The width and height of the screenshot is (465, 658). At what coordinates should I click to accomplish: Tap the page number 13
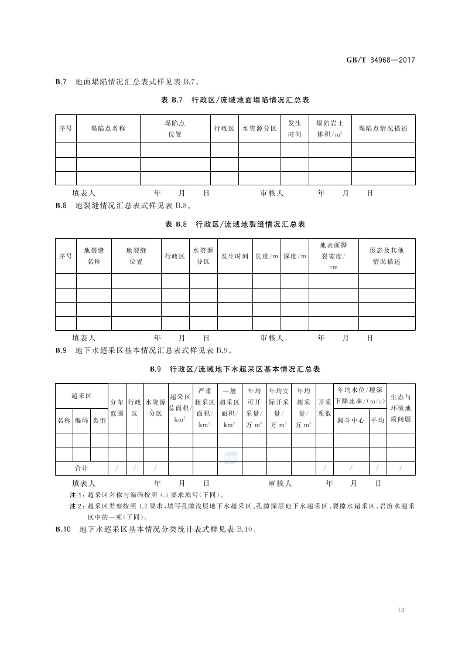pyautogui.click(x=401, y=610)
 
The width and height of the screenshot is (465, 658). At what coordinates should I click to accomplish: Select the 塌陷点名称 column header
pyautogui.click(x=108, y=128)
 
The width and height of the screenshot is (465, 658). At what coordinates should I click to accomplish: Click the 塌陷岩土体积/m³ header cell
pyautogui.click(x=329, y=128)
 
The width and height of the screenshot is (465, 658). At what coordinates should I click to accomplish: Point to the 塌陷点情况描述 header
pyautogui.click(x=383, y=128)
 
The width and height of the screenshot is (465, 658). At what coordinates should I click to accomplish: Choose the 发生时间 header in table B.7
pyautogui.click(x=295, y=128)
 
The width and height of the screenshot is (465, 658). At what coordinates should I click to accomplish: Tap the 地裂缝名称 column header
pyautogui.click(x=94, y=256)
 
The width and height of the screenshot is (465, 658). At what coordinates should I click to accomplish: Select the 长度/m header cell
pyautogui.click(x=266, y=256)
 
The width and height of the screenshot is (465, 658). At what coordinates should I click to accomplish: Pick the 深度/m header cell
pyautogui.click(x=295, y=256)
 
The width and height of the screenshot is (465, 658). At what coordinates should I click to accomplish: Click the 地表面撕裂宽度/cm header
pyautogui.click(x=333, y=256)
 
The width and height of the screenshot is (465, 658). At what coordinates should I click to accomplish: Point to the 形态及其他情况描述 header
pyautogui.click(x=387, y=256)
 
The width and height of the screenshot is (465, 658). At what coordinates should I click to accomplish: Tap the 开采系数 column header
pyautogui.click(x=324, y=408)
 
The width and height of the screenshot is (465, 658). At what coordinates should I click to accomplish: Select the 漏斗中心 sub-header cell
pyautogui.click(x=351, y=420)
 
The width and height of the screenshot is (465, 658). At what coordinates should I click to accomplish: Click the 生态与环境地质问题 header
pyautogui.click(x=401, y=408)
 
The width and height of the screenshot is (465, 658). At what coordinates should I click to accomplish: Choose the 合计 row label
pyautogui.click(x=81, y=468)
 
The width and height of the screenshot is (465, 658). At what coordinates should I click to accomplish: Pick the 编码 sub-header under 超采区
pyautogui.click(x=81, y=420)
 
